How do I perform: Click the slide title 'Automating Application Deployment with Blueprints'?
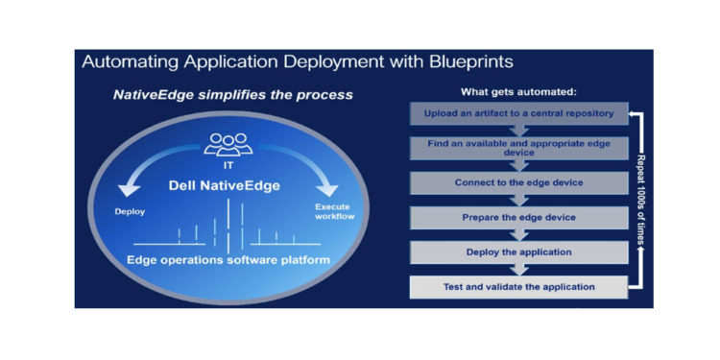click(x=297, y=62)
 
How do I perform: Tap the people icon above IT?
click(x=228, y=143)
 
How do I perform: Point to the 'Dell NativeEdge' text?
click(x=228, y=184)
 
